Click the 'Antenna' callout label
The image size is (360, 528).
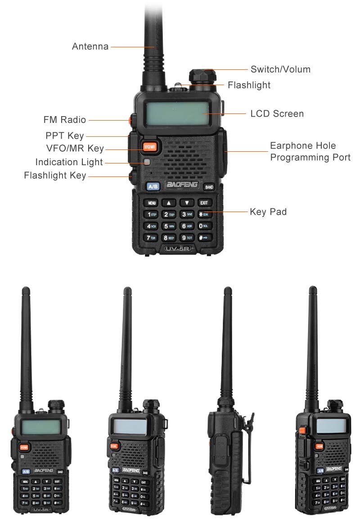(90, 46)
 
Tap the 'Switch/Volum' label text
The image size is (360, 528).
(280, 69)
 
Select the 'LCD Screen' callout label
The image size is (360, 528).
(277, 114)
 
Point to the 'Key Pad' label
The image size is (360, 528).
(268, 212)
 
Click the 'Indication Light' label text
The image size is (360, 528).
(69, 162)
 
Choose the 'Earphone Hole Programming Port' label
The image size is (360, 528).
(310, 152)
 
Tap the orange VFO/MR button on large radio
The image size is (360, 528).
(149, 147)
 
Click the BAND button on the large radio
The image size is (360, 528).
(209, 187)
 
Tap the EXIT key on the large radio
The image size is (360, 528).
(204, 203)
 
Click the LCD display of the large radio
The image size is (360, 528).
(177, 114)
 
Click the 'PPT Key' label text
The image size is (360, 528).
(64, 135)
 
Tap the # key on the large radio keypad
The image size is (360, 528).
(203, 237)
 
